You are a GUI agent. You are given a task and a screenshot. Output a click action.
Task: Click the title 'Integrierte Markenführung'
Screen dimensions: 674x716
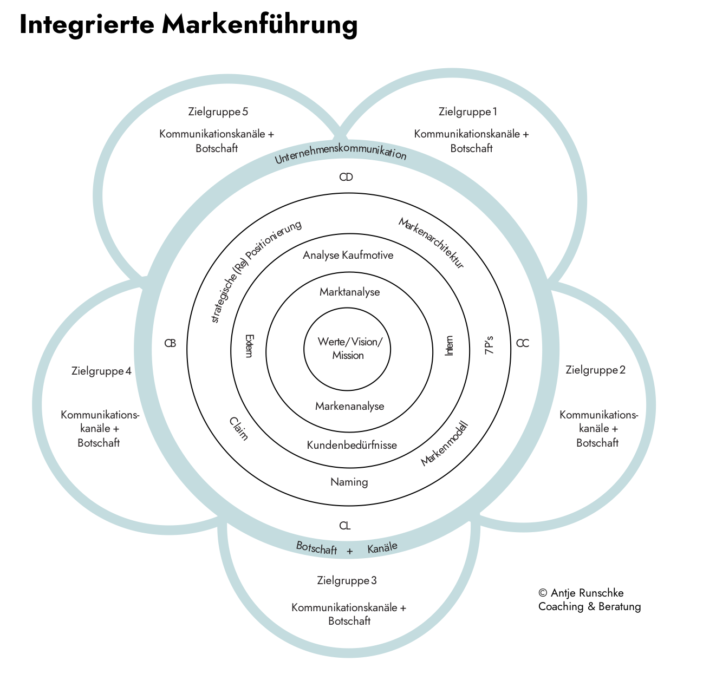point(188,25)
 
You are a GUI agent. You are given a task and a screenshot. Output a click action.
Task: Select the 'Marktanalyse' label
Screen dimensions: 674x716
point(349,292)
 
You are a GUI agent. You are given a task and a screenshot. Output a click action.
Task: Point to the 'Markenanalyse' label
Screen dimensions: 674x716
point(349,406)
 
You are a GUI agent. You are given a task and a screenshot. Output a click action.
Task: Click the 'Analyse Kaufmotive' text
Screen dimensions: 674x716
point(348,256)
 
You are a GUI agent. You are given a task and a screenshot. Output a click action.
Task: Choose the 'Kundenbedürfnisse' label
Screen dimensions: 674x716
point(352,446)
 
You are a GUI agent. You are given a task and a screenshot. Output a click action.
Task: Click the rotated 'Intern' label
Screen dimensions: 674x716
point(449,345)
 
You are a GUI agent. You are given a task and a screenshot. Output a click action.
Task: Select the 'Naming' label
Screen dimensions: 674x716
point(349,482)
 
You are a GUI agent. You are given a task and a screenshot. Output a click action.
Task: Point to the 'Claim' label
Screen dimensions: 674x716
point(238,428)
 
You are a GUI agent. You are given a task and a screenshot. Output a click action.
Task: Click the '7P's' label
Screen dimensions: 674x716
point(490,345)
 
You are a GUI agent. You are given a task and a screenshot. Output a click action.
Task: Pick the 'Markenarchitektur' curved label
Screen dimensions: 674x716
point(432,243)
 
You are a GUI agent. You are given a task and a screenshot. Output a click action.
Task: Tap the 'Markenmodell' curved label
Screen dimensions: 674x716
point(444,444)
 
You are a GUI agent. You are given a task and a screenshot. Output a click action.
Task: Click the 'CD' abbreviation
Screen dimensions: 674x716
point(346,177)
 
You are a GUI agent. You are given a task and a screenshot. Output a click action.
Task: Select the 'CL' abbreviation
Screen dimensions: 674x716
point(344,526)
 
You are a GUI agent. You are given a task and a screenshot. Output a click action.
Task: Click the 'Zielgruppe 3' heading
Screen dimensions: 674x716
point(347,581)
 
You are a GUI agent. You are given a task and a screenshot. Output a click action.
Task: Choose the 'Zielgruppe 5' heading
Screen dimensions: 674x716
point(218,112)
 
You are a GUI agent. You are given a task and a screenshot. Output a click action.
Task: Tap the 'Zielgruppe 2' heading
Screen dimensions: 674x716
point(595,370)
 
